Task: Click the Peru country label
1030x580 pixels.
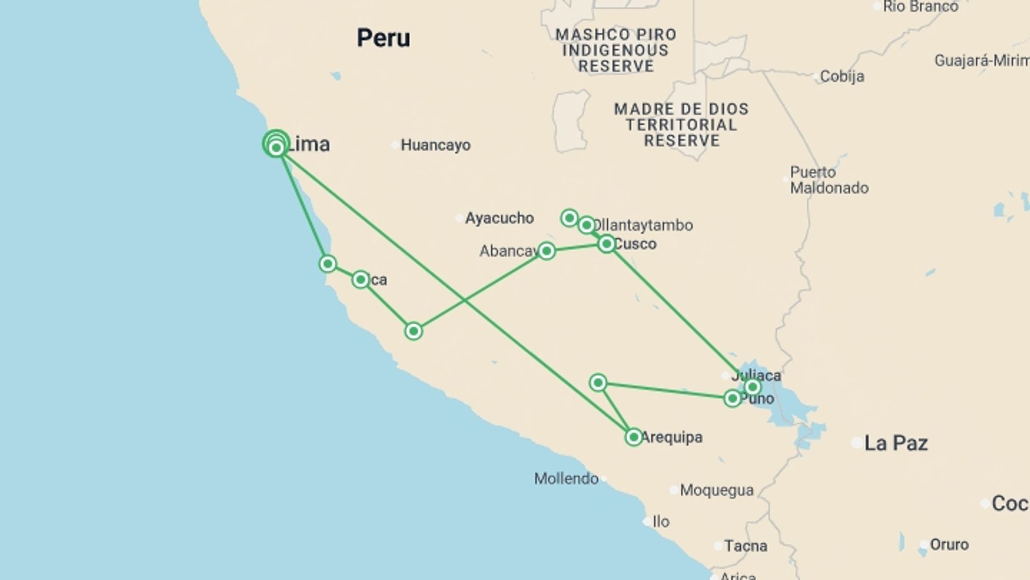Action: pos(384,38)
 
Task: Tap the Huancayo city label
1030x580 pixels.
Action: pos(435,145)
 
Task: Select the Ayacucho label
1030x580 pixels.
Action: pos(499,218)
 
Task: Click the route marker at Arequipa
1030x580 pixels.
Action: pos(634,437)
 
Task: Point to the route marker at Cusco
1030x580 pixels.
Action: pos(606,244)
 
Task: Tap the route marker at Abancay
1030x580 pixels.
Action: pos(546,251)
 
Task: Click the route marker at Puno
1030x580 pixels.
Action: pos(732,398)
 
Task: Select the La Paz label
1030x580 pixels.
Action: pos(896,443)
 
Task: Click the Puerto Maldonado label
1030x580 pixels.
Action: pos(829,180)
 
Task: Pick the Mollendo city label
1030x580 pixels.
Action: pos(566,479)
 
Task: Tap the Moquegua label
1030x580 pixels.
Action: pos(717,490)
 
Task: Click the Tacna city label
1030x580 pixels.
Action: pos(746,546)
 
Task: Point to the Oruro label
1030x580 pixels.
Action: pos(949,545)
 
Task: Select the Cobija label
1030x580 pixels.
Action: pos(842,76)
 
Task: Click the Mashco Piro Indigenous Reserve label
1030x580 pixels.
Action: pos(616,50)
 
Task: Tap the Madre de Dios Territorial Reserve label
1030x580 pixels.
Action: pos(681,125)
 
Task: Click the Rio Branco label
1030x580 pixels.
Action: pos(920,7)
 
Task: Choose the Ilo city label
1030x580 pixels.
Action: pos(661,521)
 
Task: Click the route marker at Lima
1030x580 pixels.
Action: pos(276,146)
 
